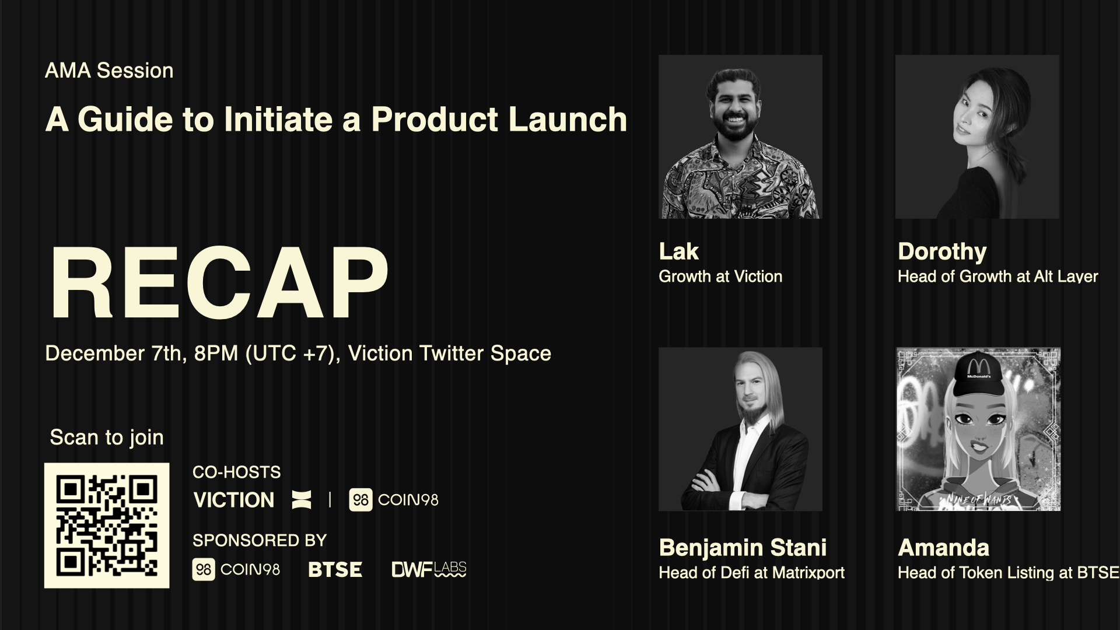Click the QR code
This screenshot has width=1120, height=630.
[107, 525]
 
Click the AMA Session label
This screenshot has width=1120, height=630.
[109, 71]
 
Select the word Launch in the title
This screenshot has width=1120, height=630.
[567, 119]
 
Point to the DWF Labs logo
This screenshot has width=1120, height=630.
[429, 569]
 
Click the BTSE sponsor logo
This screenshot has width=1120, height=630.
[335, 569]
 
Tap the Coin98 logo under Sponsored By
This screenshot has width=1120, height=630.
[236, 569]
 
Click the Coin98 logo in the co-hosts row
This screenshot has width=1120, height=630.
[394, 500]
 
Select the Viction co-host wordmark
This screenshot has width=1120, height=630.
[234, 500]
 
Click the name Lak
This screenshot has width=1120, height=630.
[678, 251]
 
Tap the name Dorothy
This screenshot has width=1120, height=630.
[942, 251]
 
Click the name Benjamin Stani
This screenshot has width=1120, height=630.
[743, 548]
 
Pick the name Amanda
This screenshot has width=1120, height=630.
[943, 548]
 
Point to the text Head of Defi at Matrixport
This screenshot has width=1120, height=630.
[751, 573]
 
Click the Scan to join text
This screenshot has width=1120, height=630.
[107, 437]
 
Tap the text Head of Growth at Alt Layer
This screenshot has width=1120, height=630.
[998, 276]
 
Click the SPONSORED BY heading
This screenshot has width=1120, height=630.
[260, 541]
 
